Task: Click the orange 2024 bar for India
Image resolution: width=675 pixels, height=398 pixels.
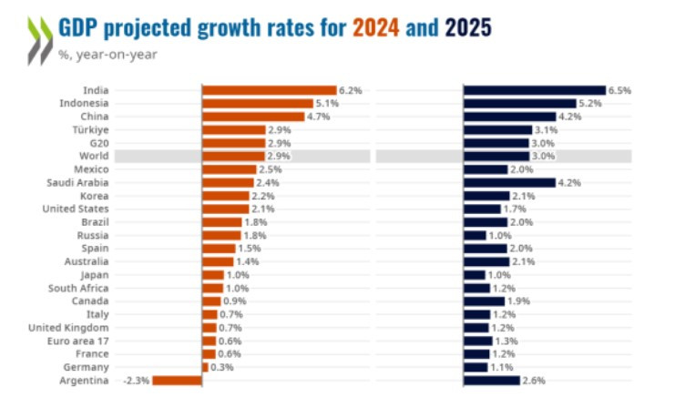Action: tap(269, 90)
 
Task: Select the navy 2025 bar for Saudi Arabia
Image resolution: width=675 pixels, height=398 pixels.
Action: tap(508, 182)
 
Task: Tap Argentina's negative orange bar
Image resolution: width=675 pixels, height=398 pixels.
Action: tap(177, 380)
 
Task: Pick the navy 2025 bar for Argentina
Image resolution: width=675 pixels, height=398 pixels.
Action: tap(491, 380)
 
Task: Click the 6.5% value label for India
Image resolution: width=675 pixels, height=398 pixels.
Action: tap(619, 90)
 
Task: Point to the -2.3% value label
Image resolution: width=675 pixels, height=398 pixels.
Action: tap(136, 380)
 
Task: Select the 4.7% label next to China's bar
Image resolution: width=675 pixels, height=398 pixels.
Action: tap(317, 117)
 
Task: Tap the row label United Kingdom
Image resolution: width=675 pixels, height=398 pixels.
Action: tap(69, 327)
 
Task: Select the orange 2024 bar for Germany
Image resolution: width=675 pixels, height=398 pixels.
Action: tap(205, 367)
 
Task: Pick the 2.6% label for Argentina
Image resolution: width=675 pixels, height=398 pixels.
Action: tap(532, 380)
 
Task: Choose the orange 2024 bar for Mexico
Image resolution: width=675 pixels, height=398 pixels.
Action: tap(229, 169)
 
